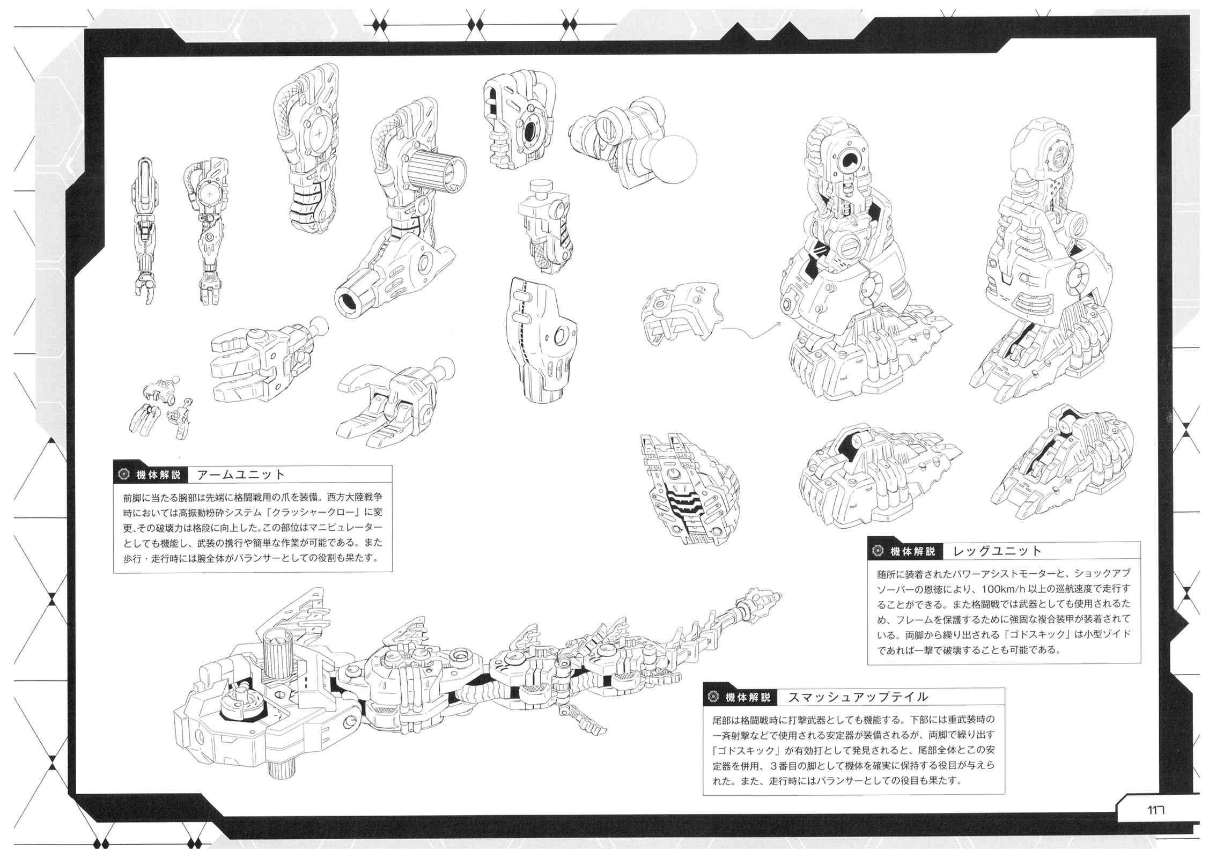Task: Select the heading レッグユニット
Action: pos(997,551)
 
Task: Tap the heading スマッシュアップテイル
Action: pos(858,697)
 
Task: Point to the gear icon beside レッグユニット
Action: pos(878,551)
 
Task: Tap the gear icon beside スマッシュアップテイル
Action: pos(713,697)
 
